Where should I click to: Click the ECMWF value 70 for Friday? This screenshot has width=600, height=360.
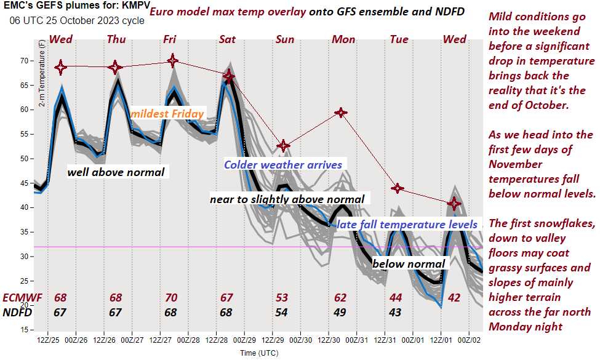(171, 298)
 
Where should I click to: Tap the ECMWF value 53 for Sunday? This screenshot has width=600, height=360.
(282, 298)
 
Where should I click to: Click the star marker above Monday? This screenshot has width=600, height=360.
(340, 113)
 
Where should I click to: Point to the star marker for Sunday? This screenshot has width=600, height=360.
(282, 146)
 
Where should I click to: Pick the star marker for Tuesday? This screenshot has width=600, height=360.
(398, 188)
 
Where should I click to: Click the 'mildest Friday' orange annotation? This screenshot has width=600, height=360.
(167, 113)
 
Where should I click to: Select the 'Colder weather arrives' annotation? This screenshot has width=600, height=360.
(282, 164)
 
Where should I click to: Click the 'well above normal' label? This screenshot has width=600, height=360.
(116, 172)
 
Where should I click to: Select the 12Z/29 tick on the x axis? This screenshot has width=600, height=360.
(271, 339)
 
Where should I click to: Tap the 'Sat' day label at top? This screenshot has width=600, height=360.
(227, 39)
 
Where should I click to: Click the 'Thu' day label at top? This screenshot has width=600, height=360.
(116, 39)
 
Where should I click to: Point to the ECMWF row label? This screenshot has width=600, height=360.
(23, 298)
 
